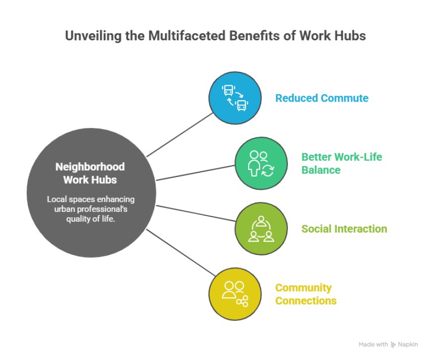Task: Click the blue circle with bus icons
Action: pos(235,98)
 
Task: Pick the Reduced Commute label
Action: pos(322,98)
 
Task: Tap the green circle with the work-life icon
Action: pos(261,164)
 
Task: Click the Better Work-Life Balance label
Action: pos(342,164)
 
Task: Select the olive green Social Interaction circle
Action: pos(261,229)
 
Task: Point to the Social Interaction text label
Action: pos(344,229)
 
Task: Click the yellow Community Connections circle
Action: pos(235,294)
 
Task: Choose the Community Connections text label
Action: pos(306,294)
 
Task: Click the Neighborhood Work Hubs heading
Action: pos(90,173)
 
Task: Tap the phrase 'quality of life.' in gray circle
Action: pos(91,219)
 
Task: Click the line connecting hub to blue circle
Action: pos(180,134)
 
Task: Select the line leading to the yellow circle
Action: pos(181,252)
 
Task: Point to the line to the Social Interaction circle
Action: pos(196,213)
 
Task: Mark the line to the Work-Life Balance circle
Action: pos(195,173)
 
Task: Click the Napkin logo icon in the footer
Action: pos(393,345)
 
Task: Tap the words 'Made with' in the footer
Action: pos(373,344)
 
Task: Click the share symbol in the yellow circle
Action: pos(242,301)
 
